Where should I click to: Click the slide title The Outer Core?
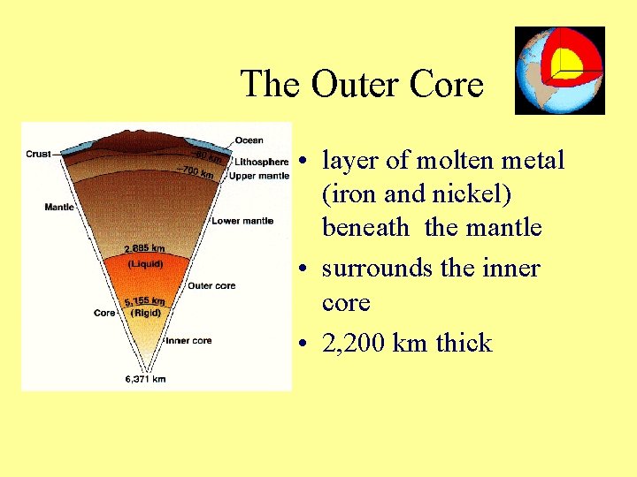coord(362,85)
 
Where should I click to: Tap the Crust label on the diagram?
coord(38,154)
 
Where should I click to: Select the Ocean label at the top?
coord(249,140)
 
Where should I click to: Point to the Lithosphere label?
coord(261,163)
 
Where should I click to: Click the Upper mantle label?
coord(258,176)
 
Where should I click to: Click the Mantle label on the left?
coord(58,208)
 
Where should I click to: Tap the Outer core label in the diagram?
coord(211,285)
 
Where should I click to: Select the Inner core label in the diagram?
coord(188,340)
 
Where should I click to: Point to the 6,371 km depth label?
coord(146,379)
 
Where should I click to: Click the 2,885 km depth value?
coord(144,249)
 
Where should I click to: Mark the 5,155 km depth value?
coord(144,301)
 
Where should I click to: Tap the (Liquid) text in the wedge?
coord(144,263)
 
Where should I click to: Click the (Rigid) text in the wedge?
coord(144,313)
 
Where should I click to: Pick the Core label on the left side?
coord(104,313)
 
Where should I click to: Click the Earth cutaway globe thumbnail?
coord(559,71)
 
